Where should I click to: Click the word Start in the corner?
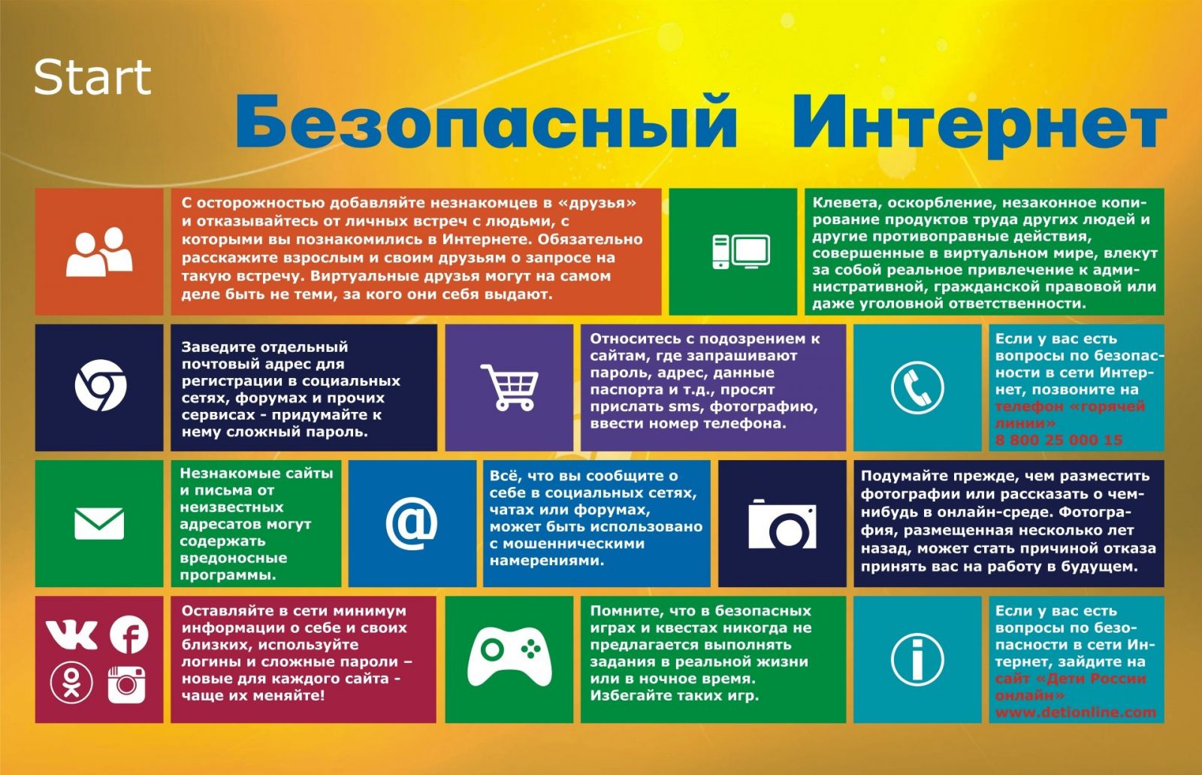[92, 77]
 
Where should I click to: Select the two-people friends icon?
[99, 252]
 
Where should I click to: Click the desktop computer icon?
[741, 251]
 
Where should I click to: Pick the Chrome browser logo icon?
[101, 386]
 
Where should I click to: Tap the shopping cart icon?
[509, 387]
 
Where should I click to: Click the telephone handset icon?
[917, 387]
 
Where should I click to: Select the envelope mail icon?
[99, 523]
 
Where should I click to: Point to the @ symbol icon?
[412, 524]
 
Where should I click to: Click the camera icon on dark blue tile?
[782, 524]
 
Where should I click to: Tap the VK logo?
[71, 635]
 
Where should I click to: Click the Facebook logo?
[128, 635]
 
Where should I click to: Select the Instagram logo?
[127, 684]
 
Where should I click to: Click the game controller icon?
[509, 656]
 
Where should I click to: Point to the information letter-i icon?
[917, 659]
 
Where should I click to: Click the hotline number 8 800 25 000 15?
[1059, 440]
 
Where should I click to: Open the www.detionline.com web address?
[1075, 713]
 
